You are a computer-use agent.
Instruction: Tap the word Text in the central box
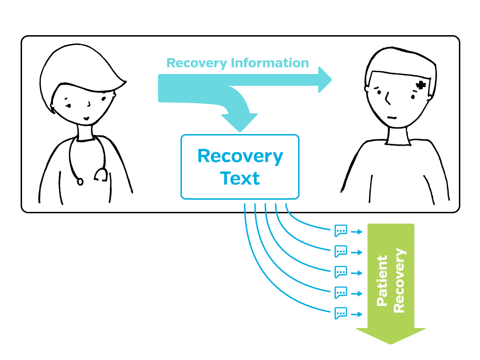click(240, 179)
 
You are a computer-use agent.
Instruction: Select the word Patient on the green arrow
click(382, 281)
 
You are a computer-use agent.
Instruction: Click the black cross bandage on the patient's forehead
click(421, 85)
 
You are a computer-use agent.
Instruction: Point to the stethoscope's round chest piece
click(80, 181)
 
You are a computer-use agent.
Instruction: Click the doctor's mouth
click(86, 117)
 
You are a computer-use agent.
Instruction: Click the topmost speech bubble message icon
click(341, 231)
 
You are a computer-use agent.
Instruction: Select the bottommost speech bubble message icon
click(341, 313)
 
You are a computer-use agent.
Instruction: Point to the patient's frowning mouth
click(393, 118)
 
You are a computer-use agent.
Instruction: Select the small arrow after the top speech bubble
click(357, 232)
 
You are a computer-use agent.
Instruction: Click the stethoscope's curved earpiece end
click(100, 176)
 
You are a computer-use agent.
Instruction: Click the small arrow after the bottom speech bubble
click(357, 314)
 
